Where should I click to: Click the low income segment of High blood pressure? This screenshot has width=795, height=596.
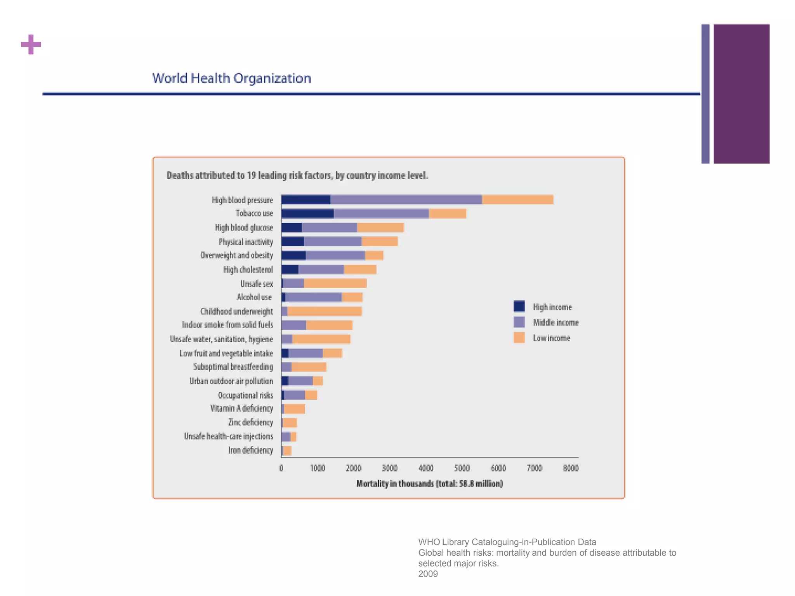517,200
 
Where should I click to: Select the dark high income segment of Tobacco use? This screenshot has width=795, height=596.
307,213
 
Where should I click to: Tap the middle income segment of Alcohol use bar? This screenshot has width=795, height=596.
314,297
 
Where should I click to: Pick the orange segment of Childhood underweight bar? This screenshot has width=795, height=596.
325,311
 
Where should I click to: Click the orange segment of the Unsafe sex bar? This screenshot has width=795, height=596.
335,284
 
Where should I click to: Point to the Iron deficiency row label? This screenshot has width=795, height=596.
250,450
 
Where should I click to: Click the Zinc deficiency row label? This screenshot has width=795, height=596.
250,422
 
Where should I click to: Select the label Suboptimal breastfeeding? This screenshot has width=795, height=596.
233,367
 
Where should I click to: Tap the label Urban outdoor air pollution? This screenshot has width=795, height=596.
231,381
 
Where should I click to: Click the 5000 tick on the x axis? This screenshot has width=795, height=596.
462,468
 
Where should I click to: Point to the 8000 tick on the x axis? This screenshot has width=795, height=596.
571,468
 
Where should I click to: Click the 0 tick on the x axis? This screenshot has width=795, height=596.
281,468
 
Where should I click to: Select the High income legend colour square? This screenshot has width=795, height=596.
519,307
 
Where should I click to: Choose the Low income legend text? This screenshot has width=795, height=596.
551,338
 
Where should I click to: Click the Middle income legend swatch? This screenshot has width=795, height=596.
519,322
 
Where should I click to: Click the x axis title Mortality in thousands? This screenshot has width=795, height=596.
429,483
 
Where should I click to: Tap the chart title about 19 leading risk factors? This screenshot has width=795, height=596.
297,175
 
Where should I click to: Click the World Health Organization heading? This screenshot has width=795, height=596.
231,78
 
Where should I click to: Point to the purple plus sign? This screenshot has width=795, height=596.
31,45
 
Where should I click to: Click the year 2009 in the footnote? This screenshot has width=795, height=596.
428,574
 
